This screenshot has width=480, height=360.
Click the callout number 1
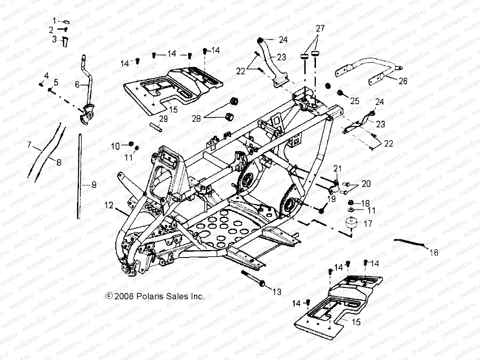(x=54, y=21)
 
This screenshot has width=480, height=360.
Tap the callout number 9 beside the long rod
(x=94, y=184)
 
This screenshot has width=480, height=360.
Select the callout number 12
(x=109, y=205)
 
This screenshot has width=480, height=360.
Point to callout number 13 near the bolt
(x=277, y=292)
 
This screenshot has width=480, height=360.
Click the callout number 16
(x=434, y=252)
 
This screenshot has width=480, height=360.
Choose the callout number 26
(x=403, y=81)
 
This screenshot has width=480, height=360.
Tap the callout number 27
(x=320, y=29)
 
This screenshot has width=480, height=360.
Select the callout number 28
(x=196, y=118)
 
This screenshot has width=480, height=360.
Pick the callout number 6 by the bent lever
(x=77, y=85)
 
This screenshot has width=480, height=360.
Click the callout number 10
(x=115, y=146)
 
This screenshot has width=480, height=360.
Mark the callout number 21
(x=337, y=169)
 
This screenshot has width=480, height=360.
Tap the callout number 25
(x=355, y=100)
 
